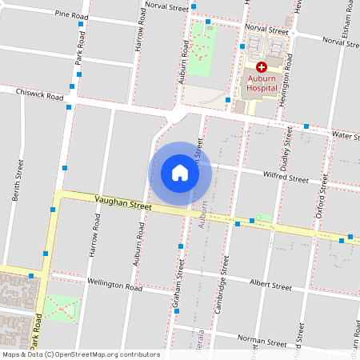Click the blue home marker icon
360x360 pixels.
180,172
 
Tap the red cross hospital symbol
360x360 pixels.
261,68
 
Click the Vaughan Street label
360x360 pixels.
122,205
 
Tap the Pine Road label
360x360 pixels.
71,14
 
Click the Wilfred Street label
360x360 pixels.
286,177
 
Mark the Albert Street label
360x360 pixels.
270,284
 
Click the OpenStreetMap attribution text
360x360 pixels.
80,354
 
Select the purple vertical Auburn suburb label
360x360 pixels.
202,214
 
